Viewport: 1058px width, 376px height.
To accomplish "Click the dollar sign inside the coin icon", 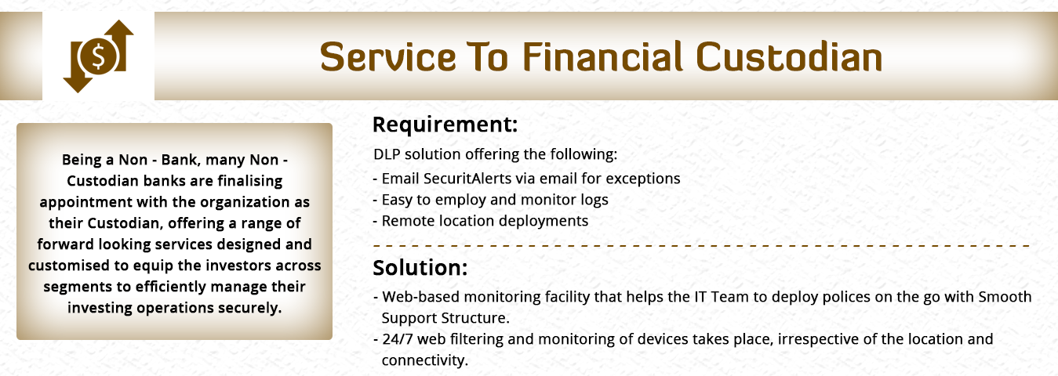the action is [x=98, y=56].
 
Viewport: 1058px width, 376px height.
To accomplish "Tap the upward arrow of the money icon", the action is [x=119, y=45].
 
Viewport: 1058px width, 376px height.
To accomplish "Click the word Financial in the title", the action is [x=602, y=57].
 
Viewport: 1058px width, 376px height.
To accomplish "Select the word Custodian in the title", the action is [x=789, y=57].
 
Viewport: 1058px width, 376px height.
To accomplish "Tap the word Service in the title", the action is [x=387, y=57].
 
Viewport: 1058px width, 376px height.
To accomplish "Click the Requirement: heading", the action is [x=445, y=125].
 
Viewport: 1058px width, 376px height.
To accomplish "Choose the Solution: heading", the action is [x=420, y=267].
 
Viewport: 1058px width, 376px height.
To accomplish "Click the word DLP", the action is [x=387, y=154].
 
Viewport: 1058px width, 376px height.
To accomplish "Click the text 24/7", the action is [x=398, y=338].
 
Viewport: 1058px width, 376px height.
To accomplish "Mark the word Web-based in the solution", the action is [x=421, y=297].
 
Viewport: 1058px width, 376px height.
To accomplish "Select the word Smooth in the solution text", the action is [x=1005, y=297].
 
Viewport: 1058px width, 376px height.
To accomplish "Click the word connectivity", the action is [x=424, y=360].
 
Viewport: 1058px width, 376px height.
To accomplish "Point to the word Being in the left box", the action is [x=82, y=161].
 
